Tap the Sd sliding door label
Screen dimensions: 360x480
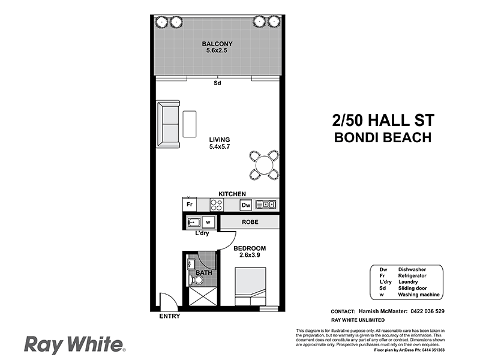217,83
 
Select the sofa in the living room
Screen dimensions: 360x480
168,124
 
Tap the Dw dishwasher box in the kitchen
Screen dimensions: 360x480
246,205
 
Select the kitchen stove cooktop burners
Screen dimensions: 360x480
216,205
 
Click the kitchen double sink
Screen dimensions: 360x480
266,205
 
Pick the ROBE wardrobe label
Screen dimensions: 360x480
250,222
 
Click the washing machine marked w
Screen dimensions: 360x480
208,223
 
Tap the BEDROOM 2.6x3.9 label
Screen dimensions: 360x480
250,251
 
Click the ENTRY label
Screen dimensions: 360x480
170,316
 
